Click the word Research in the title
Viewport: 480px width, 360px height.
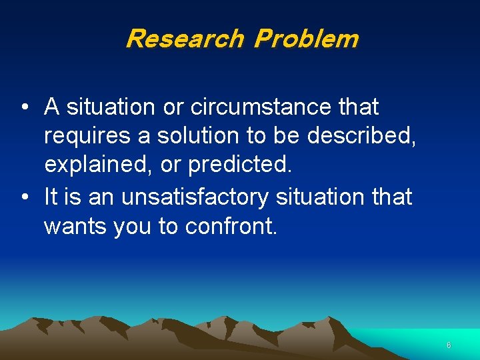point(184,39)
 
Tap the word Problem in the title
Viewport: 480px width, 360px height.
point(306,39)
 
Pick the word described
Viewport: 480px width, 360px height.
point(363,136)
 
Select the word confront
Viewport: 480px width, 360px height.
point(231,227)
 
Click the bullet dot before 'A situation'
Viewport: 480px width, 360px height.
point(24,107)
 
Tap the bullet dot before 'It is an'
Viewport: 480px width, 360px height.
point(24,197)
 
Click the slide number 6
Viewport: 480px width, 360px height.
point(449,345)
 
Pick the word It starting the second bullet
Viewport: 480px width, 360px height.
point(50,197)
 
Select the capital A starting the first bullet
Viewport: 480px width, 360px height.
point(51,107)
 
